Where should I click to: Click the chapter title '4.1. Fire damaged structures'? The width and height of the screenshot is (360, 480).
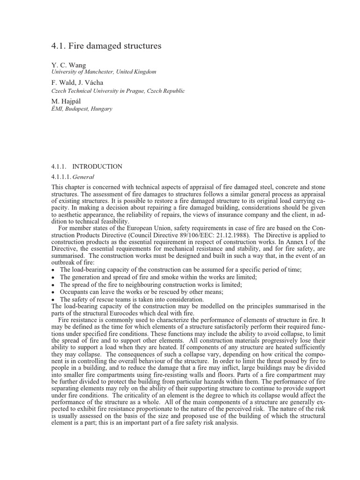click(106, 46)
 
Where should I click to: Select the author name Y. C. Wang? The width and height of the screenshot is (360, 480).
click(68, 65)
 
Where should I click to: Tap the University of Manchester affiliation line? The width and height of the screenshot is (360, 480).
click(103, 72)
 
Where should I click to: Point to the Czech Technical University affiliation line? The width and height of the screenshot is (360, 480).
click(118, 90)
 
